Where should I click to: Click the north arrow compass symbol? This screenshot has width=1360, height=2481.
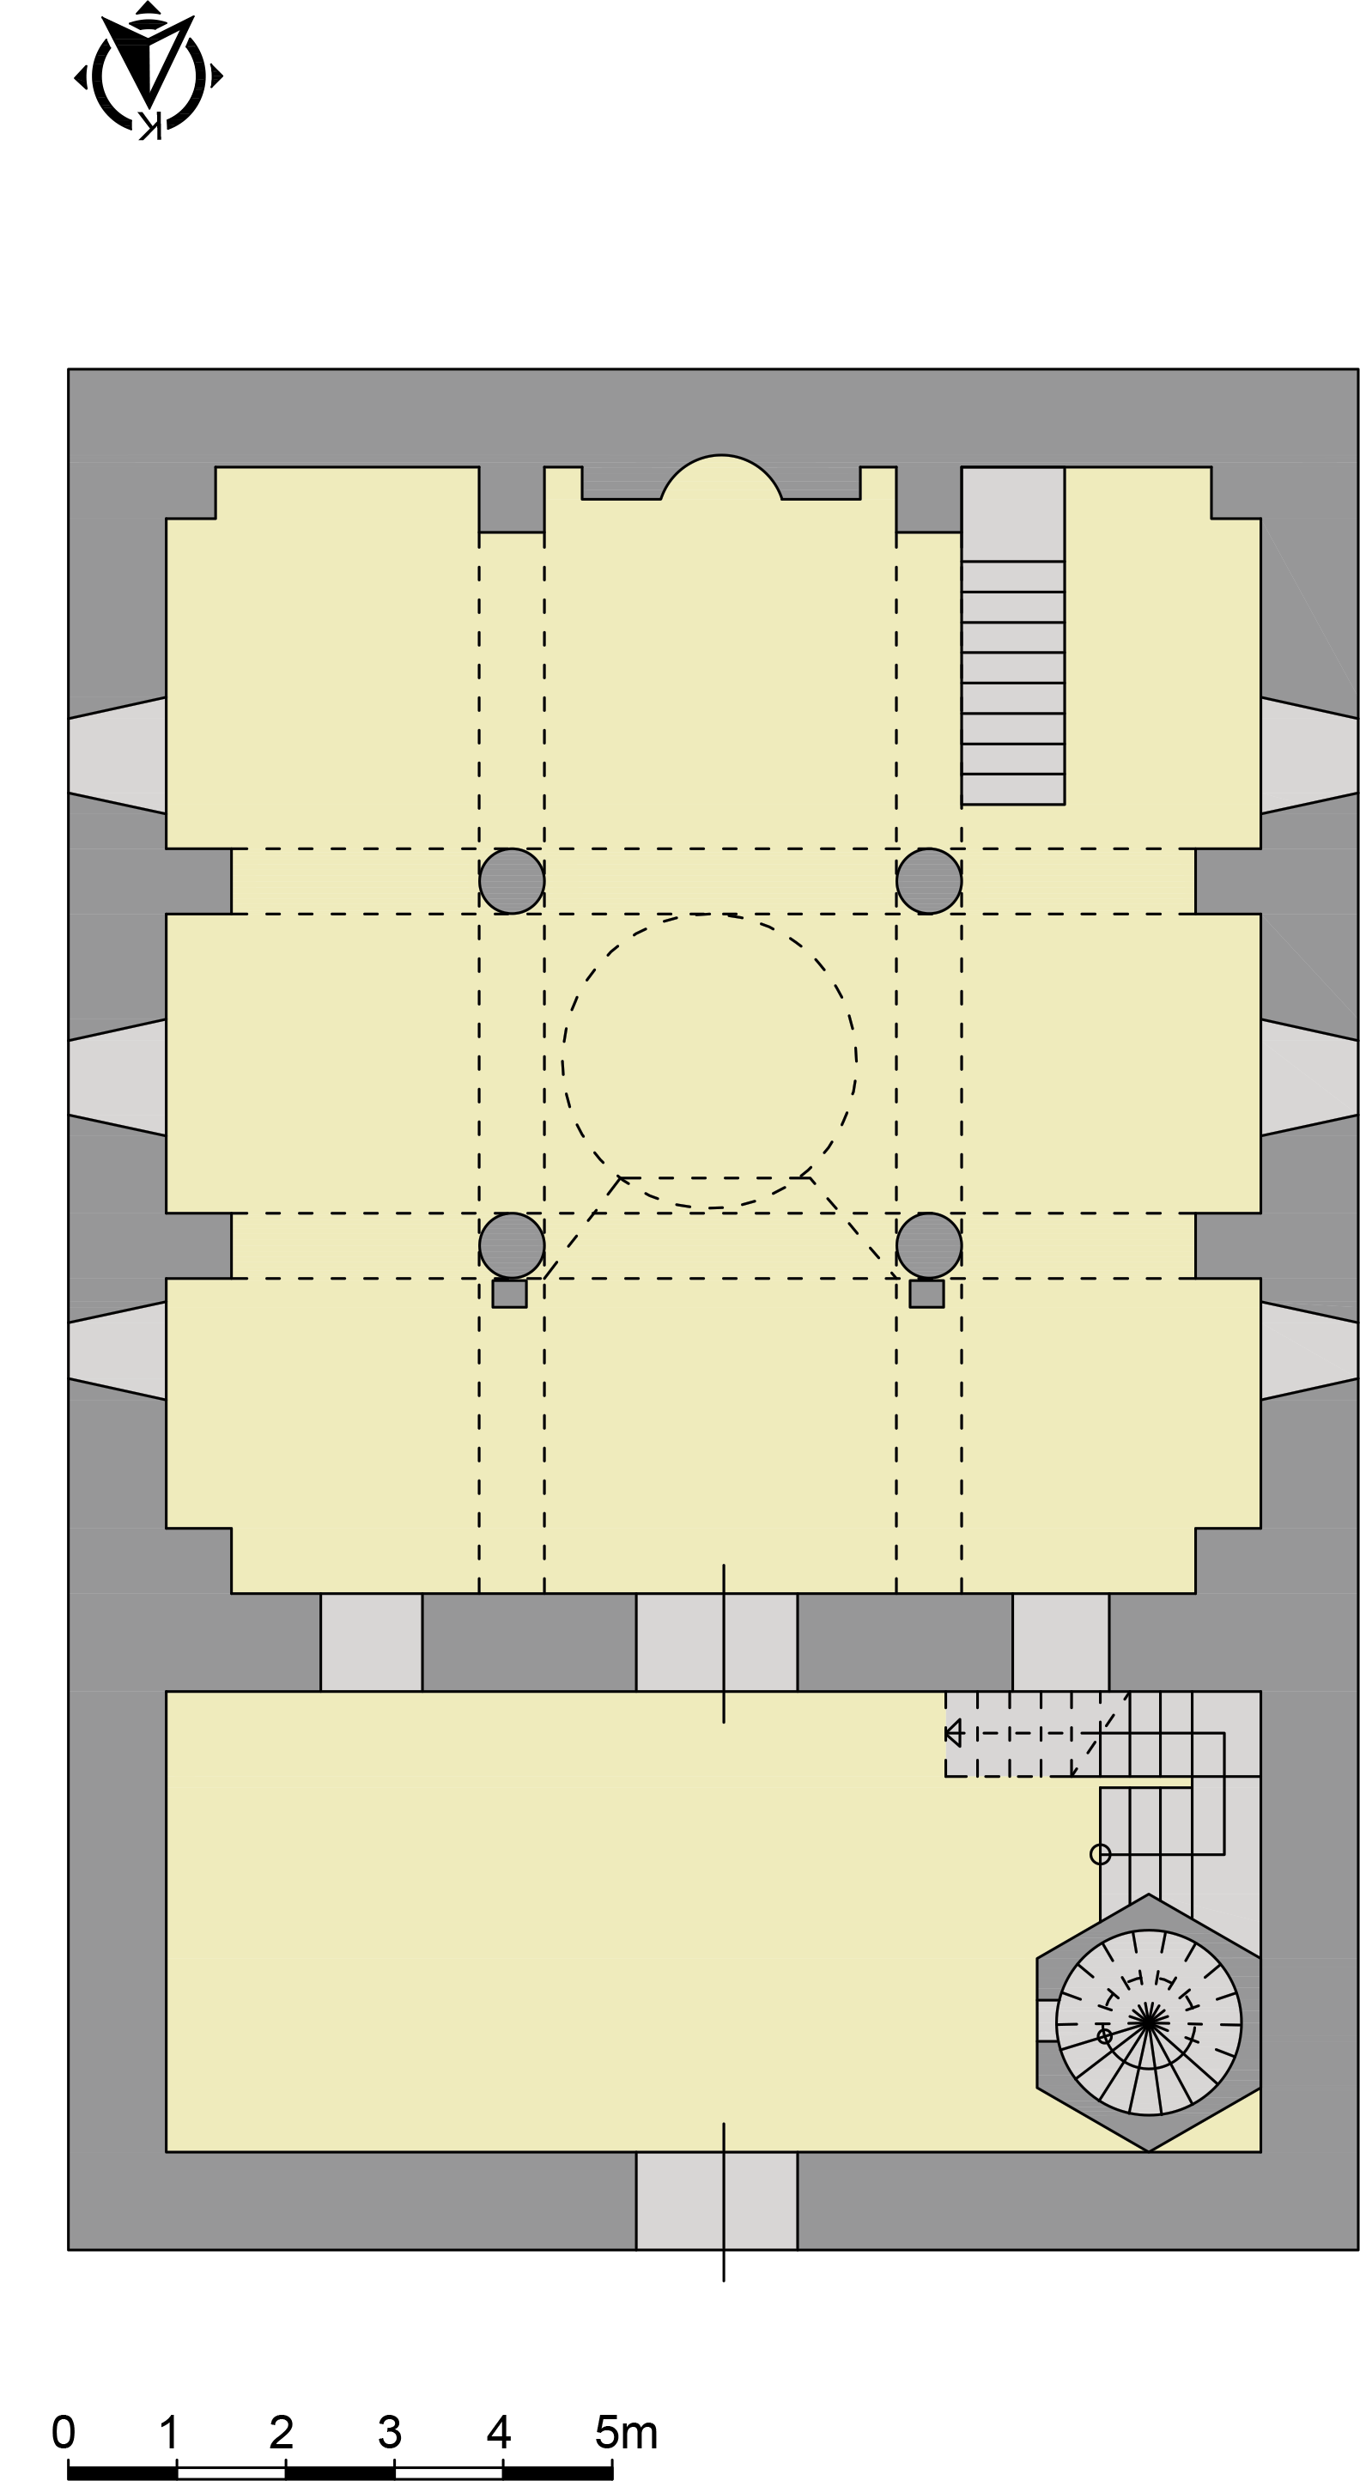click(149, 71)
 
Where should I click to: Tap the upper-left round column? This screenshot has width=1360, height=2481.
click(512, 880)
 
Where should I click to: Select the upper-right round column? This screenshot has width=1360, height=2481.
click(928, 880)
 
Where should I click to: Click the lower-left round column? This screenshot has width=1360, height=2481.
click(512, 1245)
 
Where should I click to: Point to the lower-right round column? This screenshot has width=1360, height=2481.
click(928, 1245)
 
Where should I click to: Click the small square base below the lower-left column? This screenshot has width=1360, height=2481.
click(509, 1293)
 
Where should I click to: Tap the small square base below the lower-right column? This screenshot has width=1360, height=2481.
click(926, 1293)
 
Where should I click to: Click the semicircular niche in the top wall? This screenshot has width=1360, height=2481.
click(720, 477)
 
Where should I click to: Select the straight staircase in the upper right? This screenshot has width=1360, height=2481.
click(1012, 635)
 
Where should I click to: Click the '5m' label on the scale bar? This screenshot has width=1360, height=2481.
click(626, 2432)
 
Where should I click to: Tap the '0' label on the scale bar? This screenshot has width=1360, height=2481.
click(64, 2432)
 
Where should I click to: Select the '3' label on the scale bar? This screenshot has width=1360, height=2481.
click(389, 2432)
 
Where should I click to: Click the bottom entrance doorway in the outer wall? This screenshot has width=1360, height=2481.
click(717, 2201)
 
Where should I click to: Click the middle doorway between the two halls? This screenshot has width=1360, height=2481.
click(717, 1642)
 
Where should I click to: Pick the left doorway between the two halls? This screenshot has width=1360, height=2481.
click(372, 1642)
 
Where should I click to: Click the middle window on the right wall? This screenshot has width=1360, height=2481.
click(1309, 1077)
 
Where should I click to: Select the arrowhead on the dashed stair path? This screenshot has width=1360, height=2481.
click(952, 1733)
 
